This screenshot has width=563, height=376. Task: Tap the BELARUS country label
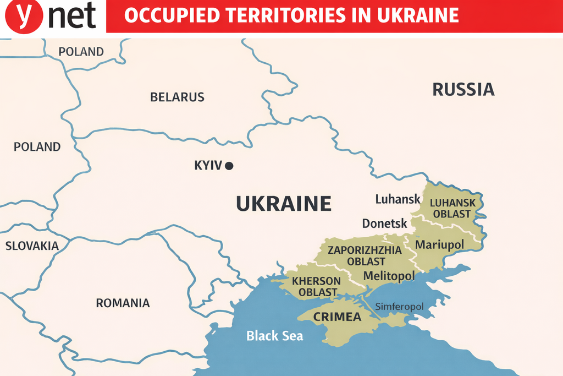click(177, 97)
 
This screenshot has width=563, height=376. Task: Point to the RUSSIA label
click(463, 89)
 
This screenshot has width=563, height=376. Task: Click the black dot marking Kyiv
click(229, 165)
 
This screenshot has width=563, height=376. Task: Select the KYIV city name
click(208, 165)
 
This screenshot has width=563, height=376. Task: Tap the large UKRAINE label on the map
click(284, 204)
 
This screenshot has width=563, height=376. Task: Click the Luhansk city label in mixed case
click(398, 199)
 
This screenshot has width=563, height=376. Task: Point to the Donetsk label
click(385, 224)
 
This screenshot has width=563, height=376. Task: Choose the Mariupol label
click(439, 244)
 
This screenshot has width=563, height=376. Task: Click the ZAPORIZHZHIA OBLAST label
click(365, 255)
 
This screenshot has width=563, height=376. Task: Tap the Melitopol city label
click(389, 276)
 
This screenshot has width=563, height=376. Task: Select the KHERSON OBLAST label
click(316, 286)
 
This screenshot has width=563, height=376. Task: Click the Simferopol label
click(399, 307)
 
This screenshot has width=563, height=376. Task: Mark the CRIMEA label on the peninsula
click(337, 317)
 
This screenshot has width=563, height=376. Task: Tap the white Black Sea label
click(274, 335)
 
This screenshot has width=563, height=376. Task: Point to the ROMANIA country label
click(123, 303)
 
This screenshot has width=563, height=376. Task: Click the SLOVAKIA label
click(32, 246)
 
